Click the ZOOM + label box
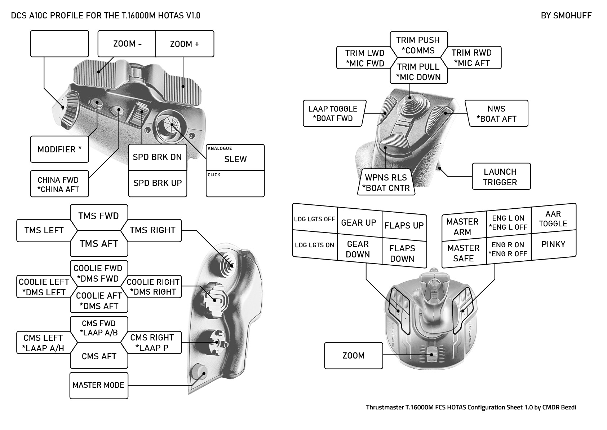[185, 44]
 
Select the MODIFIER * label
[59, 149]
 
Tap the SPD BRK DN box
[158, 157]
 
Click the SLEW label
[235, 159]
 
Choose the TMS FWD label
[99, 216]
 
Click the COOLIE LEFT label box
[44, 287]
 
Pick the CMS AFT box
[99, 356]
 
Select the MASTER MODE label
[98, 385]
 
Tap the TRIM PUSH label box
[418, 45]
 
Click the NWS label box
[496, 113]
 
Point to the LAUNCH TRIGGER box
[500, 177]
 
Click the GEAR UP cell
[359, 223]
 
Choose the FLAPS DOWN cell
[402, 253]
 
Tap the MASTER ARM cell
[462, 227]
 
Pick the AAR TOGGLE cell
[553, 218]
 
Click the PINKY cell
[553, 244]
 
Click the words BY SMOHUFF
[566, 16]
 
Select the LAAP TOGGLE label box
[333, 113]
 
